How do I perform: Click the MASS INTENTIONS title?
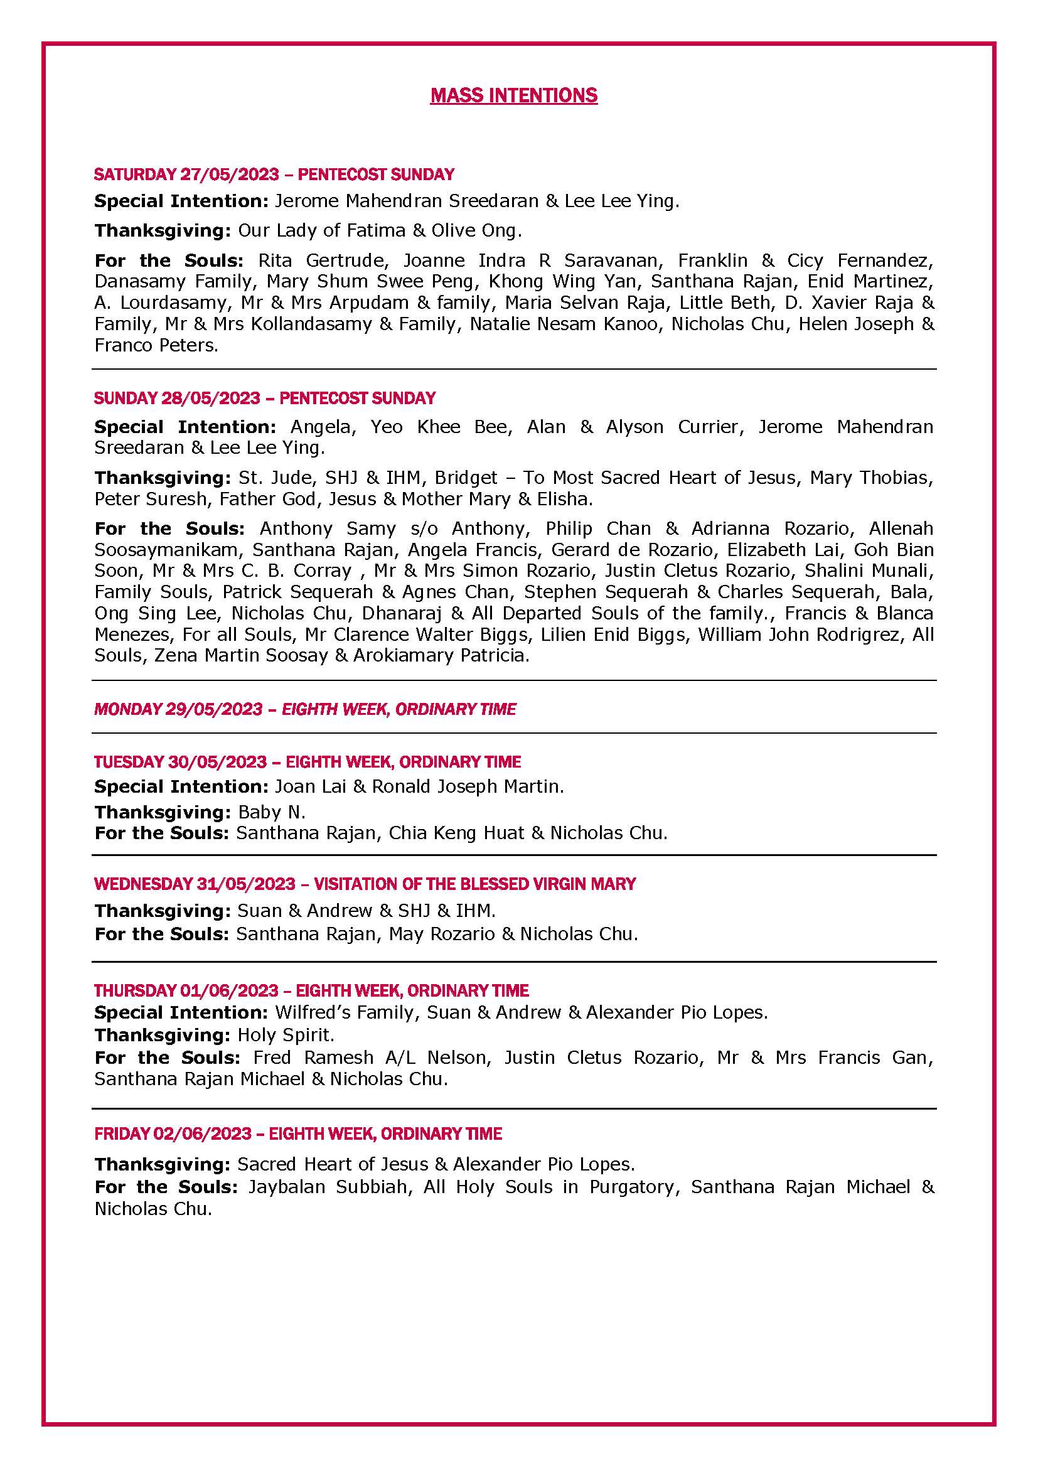tap(513, 96)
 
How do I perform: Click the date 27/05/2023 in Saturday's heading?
tap(230, 174)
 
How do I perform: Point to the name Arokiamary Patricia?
tap(441, 655)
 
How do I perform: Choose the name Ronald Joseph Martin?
tap(468, 786)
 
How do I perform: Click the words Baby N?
tap(271, 812)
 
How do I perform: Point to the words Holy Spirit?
tap(285, 1035)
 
